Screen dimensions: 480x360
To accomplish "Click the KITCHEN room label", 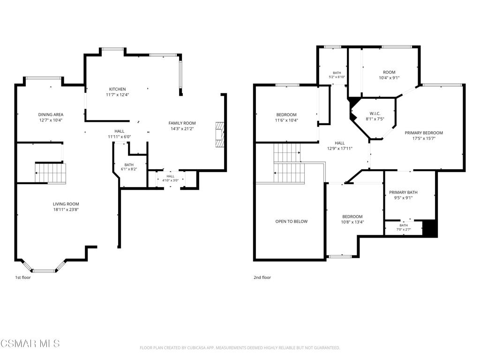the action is click(118, 90).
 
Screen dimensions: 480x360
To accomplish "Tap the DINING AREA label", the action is click(51, 115).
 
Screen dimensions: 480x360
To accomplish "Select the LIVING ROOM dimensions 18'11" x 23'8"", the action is click(66, 210).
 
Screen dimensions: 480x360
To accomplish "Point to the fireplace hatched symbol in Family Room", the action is click(220, 135).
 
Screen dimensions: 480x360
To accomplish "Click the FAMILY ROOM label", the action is click(182, 123).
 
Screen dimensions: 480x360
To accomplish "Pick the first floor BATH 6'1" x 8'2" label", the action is click(129, 167).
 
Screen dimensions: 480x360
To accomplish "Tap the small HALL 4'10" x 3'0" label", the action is click(171, 179).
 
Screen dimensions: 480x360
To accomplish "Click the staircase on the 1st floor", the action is click(51, 173).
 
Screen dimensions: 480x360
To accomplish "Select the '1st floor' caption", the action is click(23, 277).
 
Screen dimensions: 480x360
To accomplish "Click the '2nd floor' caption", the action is click(262, 277).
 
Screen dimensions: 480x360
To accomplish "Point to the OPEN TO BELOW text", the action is click(292, 221).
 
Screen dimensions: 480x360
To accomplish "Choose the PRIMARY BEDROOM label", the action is click(424, 133).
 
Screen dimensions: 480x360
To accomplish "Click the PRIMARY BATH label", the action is click(403, 192).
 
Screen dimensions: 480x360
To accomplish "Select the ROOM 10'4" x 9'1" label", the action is click(389, 75).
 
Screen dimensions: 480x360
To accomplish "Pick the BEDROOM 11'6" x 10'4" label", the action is click(286, 118).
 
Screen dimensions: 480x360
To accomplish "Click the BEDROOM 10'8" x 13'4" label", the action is click(352, 219).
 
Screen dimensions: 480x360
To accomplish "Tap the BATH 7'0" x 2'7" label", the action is click(404, 227).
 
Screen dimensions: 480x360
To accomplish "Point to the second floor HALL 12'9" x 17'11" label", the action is click(340, 146).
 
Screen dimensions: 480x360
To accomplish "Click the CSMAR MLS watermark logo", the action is click(30, 343).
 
